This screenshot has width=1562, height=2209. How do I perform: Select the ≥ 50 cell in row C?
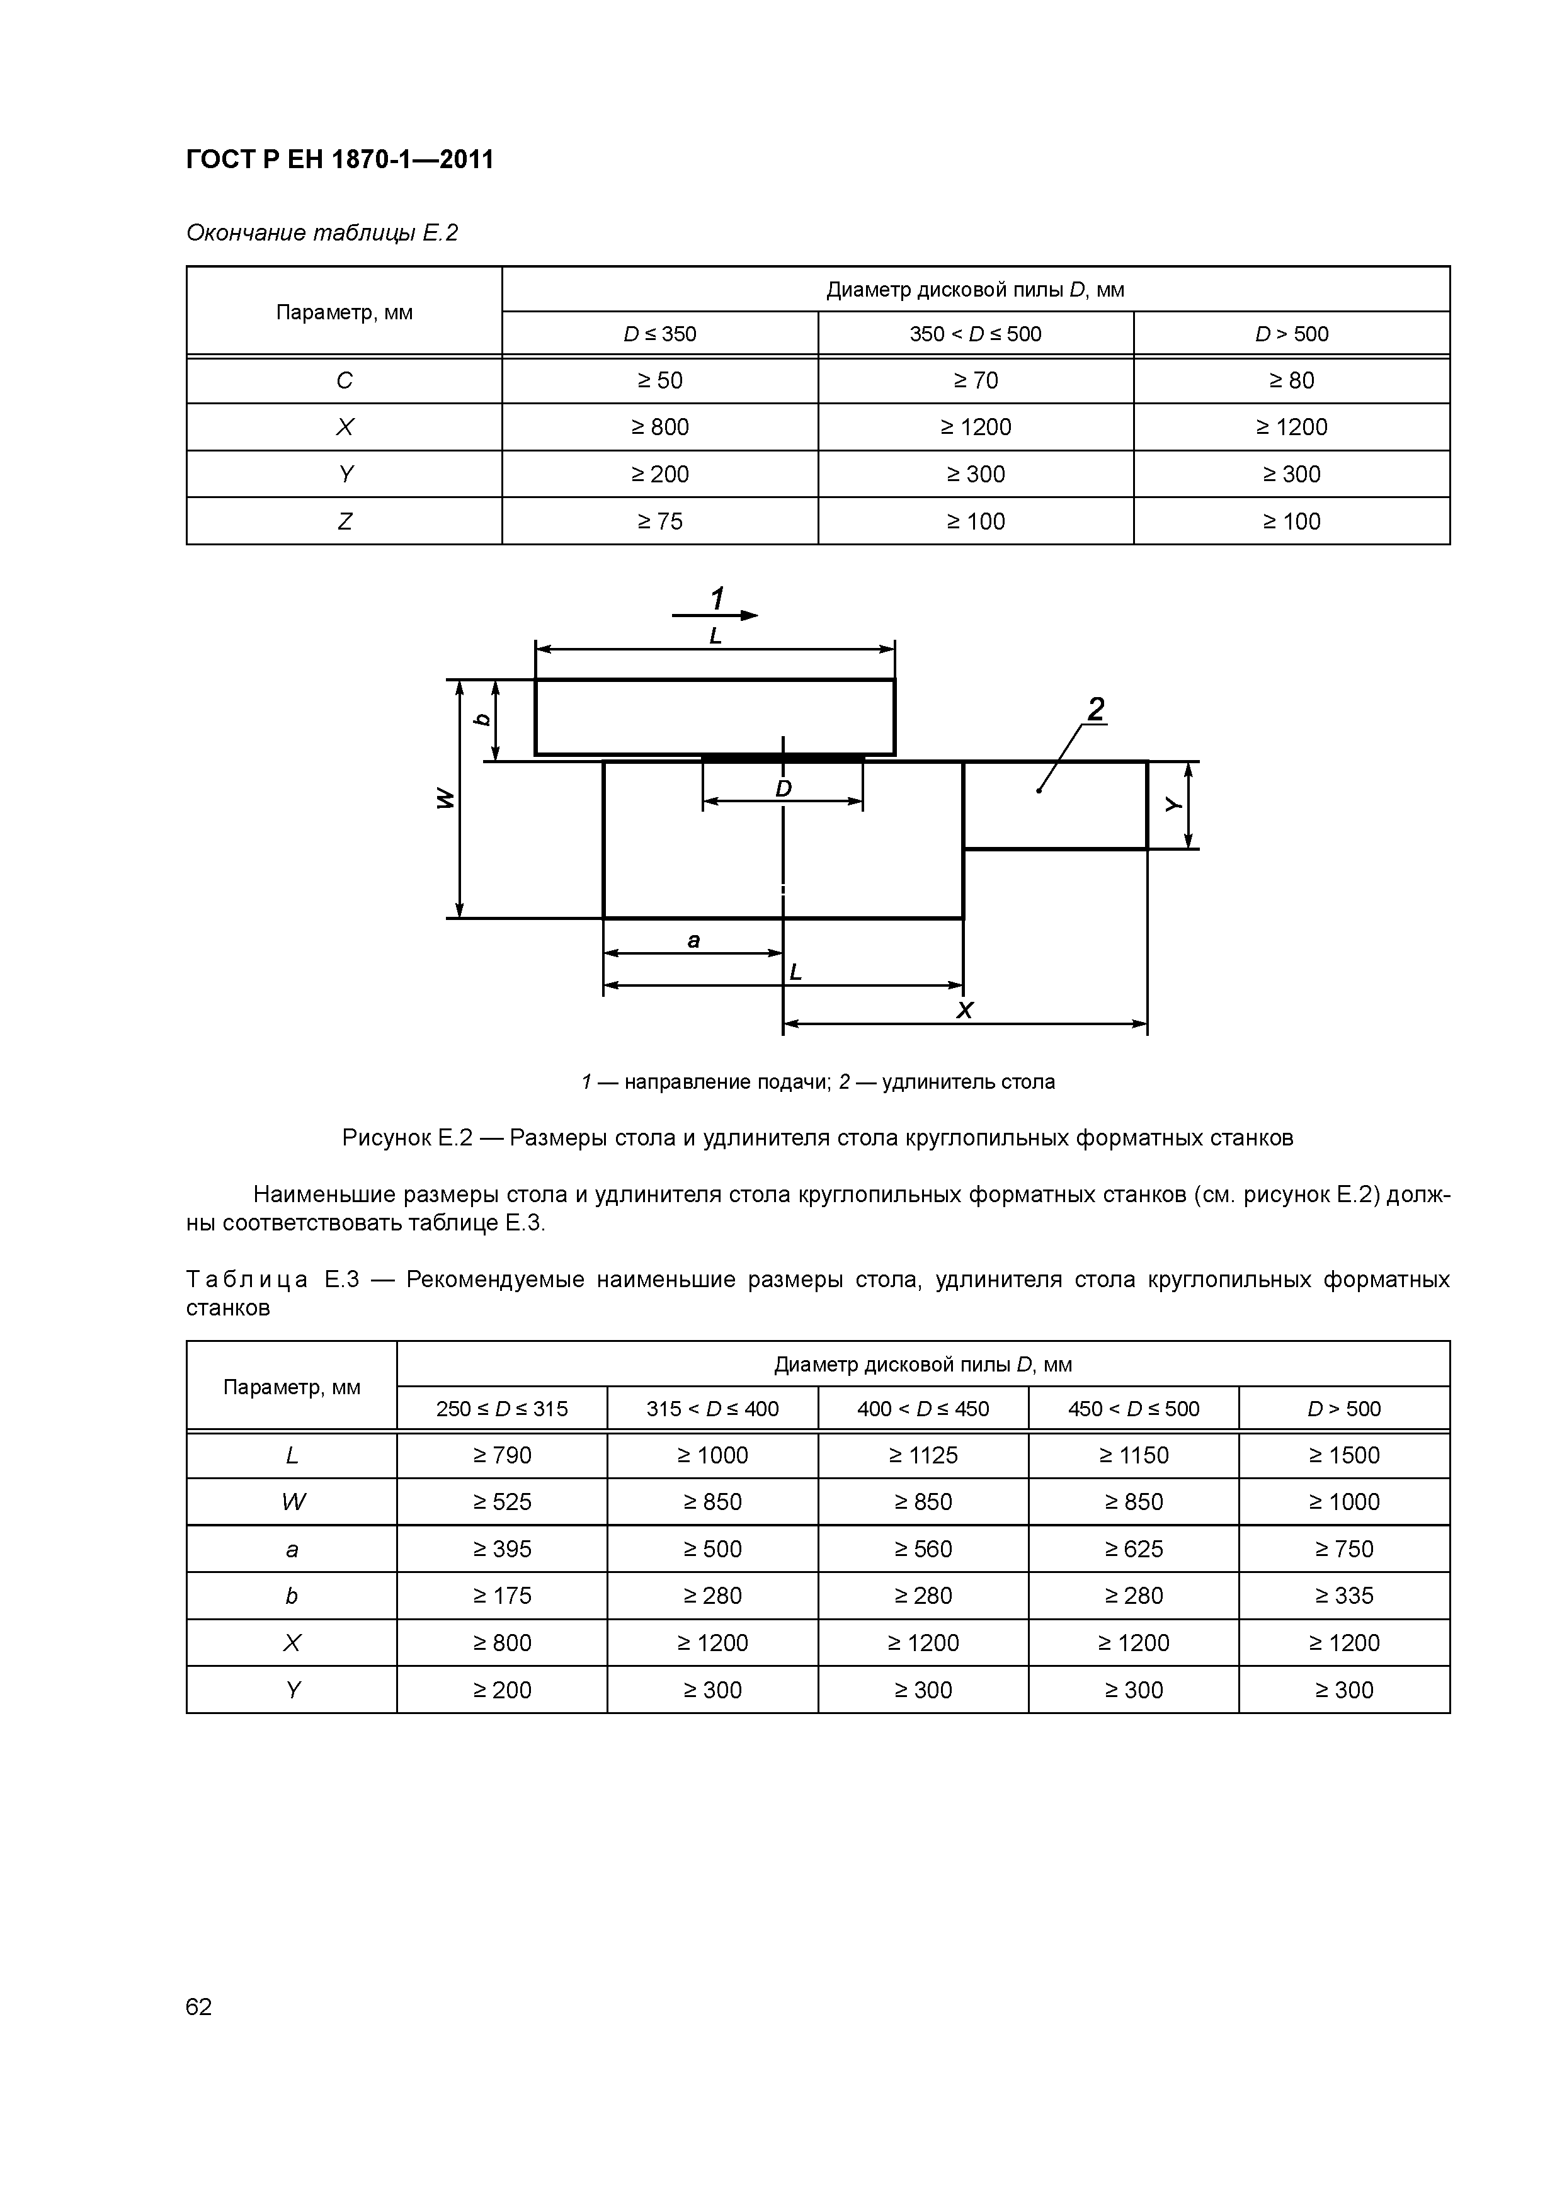click(659, 380)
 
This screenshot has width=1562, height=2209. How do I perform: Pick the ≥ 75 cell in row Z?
click(659, 521)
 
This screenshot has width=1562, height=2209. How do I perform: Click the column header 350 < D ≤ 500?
click(975, 334)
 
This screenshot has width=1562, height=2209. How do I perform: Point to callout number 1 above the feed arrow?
click(717, 598)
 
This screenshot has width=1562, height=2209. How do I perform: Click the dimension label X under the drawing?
click(964, 1010)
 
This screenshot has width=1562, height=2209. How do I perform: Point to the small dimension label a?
click(693, 940)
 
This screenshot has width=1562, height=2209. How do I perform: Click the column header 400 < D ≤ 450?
click(922, 1409)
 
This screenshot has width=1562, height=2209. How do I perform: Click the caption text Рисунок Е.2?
click(407, 1137)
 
